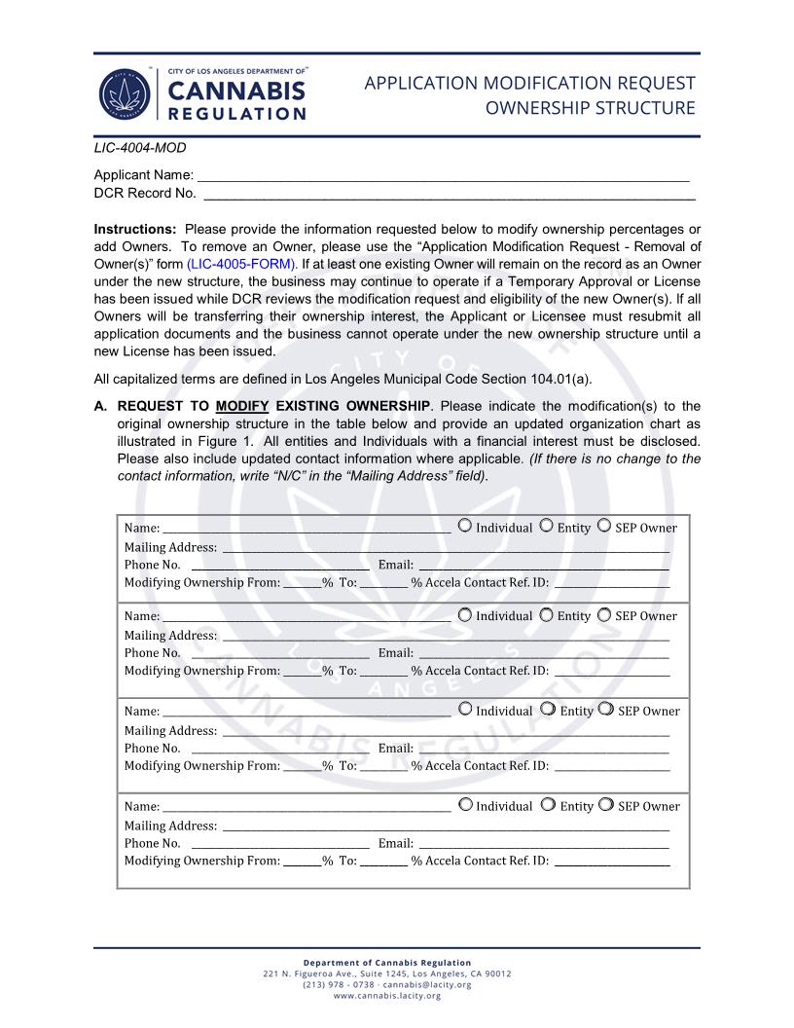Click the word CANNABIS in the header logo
click(x=236, y=91)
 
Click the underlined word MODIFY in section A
click(x=242, y=405)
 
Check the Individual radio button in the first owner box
click(x=465, y=527)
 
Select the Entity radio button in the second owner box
click(x=547, y=615)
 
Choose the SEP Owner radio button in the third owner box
click(x=605, y=710)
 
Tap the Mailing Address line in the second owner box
click(x=446, y=638)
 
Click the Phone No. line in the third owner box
click(x=280, y=751)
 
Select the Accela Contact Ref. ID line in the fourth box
click(x=611, y=863)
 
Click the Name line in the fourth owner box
click(x=307, y=809)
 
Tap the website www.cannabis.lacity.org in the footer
click(x=387, y=996)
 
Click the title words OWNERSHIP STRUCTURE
click(x=590, y=107)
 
